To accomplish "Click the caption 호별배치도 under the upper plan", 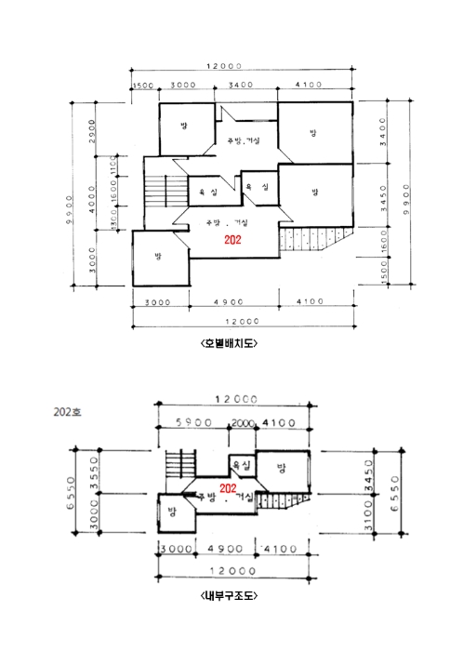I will click(x=229, y=342).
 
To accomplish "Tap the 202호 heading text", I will click(x=68, y=408).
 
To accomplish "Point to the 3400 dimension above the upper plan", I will click(x=240, y=86).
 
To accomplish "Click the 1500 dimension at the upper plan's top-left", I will click(x=142, y=86).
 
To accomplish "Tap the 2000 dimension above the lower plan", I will click(x=244, y=422).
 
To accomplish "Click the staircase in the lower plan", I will click(x=179, y=464).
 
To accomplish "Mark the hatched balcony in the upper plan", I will click(x=312, y=239).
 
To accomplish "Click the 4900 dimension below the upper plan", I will click(x=233, y=302).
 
